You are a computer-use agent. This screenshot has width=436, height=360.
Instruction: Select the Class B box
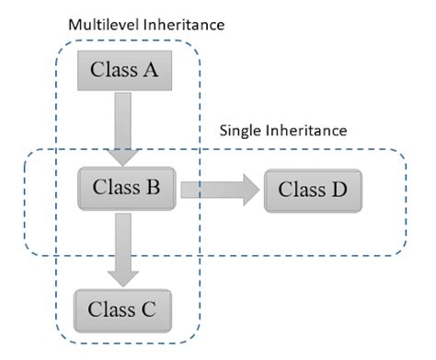tap(127, 189)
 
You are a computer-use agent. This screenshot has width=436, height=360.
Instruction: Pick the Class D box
tap(312, 192)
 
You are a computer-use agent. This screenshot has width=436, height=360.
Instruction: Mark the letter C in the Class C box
tap(151, 308)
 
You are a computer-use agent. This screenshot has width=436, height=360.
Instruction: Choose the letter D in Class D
tap(339, 192)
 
